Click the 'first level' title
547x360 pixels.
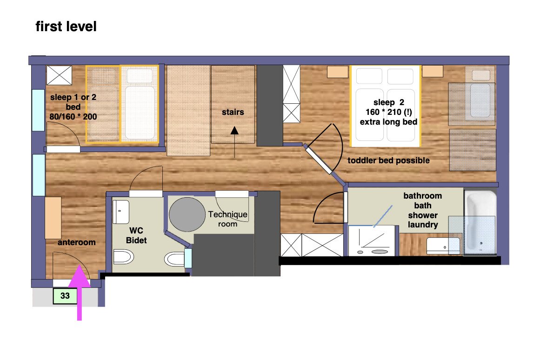[66, 27]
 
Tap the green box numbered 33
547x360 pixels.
[65, 296]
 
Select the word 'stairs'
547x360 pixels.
[233, 112]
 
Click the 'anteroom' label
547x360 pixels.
[76, 242]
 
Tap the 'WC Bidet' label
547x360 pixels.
[136, 235]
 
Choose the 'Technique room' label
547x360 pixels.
[228, 219]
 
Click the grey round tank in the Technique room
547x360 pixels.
[187, 214]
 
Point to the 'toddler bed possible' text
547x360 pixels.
[389, 160]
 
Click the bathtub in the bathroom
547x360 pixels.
[480, 222]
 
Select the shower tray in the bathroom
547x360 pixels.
[372, 241]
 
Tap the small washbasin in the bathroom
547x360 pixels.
[443, 246]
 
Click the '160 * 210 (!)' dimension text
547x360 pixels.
[389, 112]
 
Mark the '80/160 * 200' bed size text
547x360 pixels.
[73, 116]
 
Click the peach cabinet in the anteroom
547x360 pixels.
[53, 218]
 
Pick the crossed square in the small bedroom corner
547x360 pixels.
[60, 75]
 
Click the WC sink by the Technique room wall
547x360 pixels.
[175, 259]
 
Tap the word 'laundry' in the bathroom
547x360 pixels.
[423, 225]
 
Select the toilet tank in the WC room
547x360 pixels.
[121, 212]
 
